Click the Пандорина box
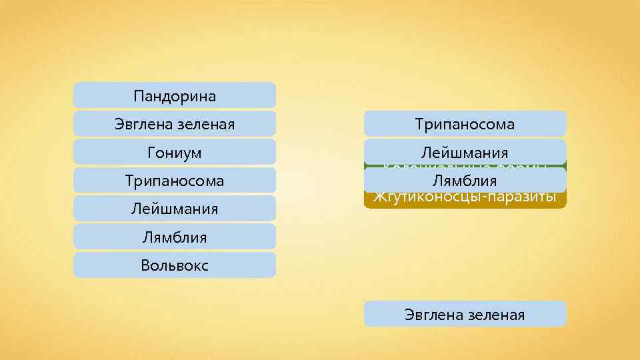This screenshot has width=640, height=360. (x=174, y=95)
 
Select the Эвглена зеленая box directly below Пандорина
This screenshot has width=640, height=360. (x=174, y=124)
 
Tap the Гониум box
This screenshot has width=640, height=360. (x=174, y=153)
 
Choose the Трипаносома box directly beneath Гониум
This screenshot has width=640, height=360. (x=174, y=181)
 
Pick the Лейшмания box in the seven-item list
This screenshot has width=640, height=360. (x=174, y=209)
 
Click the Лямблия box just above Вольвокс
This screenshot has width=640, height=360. (x=174, y=237)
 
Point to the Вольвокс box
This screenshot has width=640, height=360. (x=174, y=265)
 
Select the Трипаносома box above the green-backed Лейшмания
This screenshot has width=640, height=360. (x=465, y=124)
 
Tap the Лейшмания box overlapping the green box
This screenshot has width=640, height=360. (x=465, y=153)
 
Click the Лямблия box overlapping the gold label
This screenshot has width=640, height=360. (x=465, y=181)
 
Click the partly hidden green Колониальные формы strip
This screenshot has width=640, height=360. (x=465, y=166)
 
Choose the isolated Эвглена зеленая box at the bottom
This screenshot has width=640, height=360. (x=465, y=314)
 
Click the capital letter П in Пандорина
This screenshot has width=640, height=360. (x=138, y=96)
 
